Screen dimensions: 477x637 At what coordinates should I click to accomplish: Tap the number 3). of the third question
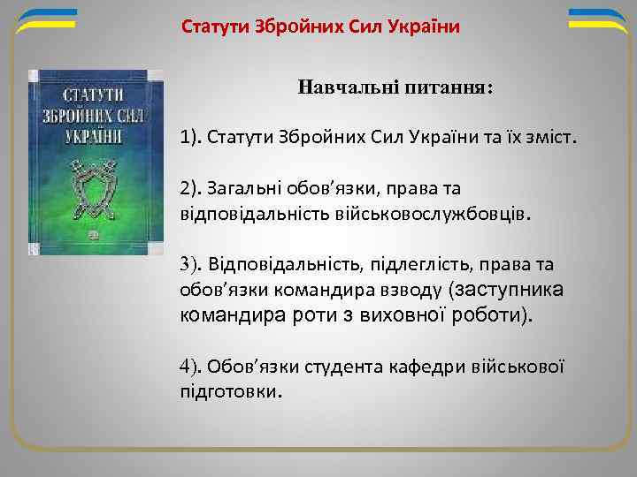point(192,263)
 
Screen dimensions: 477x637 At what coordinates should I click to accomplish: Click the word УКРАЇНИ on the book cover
point(94,136)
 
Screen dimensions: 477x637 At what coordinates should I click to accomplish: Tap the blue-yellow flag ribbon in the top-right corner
point(596,19)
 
